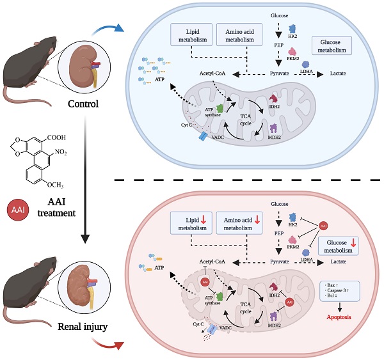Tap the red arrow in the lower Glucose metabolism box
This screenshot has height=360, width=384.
[354, 244]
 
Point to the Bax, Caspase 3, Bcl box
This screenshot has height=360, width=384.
[339, 290]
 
